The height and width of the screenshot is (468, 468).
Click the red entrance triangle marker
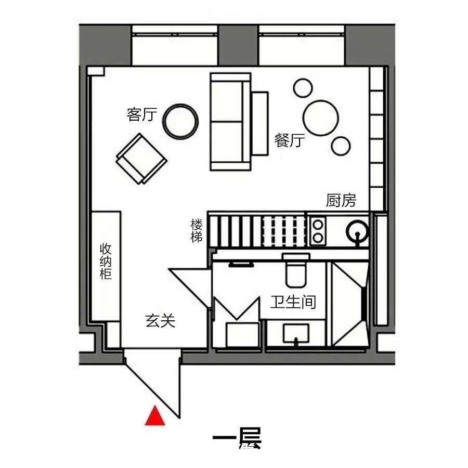coord(155,417)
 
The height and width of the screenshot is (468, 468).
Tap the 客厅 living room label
coord(142,114)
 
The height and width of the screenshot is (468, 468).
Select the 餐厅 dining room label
coord(290,140)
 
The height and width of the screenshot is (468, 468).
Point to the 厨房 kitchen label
coord(341,200)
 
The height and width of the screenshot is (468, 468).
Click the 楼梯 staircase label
coord(197,231)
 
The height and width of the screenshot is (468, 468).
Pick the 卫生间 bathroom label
coord(293,302)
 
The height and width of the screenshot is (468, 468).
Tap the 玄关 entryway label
coord(160,321)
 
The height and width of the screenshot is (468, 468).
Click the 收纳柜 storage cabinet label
coord(106,261)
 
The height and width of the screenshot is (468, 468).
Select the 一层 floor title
coord(237,439)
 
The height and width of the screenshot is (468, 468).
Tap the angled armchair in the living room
coord(141,159)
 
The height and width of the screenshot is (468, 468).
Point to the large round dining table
coord(321,118)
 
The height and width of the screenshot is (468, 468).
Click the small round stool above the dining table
coord(303,88)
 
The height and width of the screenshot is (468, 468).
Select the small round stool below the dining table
coord(341,146)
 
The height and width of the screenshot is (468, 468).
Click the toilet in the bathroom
coord(296,270)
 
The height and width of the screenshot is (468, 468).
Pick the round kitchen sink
coord(358,230)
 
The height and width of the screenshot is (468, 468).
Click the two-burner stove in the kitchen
coord(318,231)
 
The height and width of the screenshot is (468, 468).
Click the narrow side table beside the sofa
coord(260,124)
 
